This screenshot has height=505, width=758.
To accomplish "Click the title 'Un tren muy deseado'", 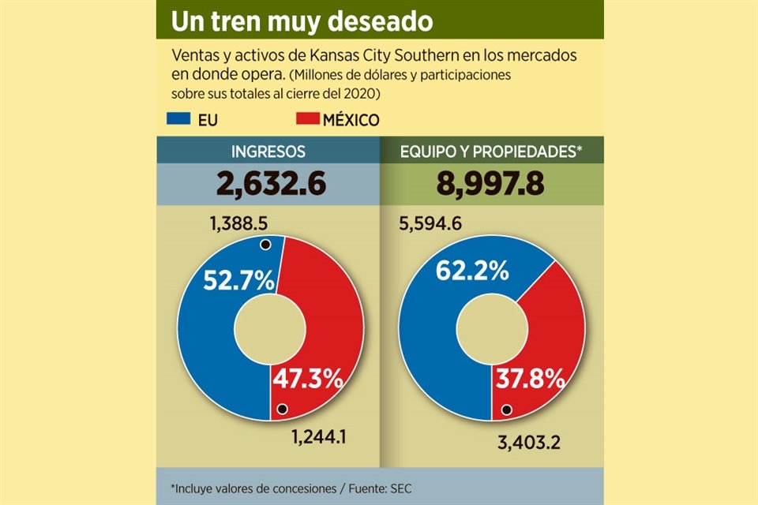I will click(302, 21).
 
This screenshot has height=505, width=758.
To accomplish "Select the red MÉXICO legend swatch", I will click(307, 119).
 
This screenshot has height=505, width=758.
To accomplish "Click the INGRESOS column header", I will click(268, 151).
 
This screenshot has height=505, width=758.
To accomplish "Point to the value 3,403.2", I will click(528, 443).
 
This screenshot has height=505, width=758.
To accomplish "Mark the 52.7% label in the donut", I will click(238, 279).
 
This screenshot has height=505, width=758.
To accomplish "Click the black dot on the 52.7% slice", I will click(265, 245).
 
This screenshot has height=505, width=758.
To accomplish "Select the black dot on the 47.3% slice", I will click(281, 409).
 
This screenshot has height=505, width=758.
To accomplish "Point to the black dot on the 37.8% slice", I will click(506, 410).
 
